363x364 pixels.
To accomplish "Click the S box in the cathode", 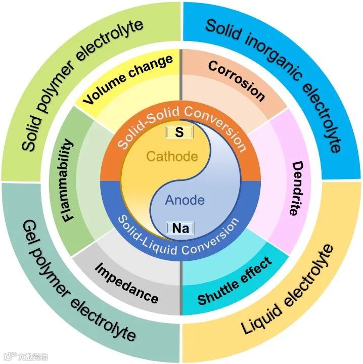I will (x=178, y=132).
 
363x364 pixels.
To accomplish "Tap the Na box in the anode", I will (x=180, y=229).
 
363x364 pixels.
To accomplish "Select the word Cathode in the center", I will (x=172, y=156).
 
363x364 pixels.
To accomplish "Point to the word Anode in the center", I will (x=185, y=200).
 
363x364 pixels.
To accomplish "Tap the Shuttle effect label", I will (x=235, y=281).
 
